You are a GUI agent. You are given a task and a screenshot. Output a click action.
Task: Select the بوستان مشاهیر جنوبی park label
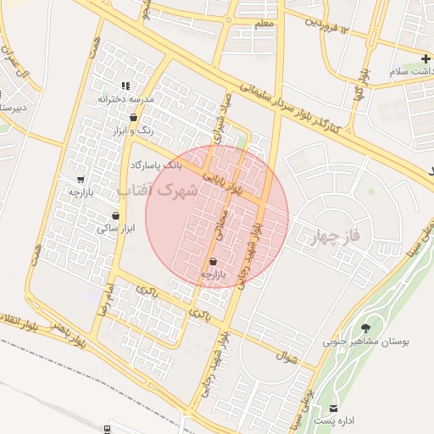click(365, 343)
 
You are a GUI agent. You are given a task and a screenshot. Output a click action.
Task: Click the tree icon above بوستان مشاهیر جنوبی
click(365, 328)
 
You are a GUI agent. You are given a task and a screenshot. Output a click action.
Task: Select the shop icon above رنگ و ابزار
click(134, 117)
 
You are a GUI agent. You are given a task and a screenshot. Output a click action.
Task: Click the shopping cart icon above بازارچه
click(81, 179)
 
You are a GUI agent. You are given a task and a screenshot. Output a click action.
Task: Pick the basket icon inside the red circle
click(212, 261)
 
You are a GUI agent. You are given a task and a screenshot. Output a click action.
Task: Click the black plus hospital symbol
click(425, 58)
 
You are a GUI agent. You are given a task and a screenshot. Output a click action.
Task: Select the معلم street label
click(263, 23)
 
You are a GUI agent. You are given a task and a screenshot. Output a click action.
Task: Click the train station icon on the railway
click(107, 430)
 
